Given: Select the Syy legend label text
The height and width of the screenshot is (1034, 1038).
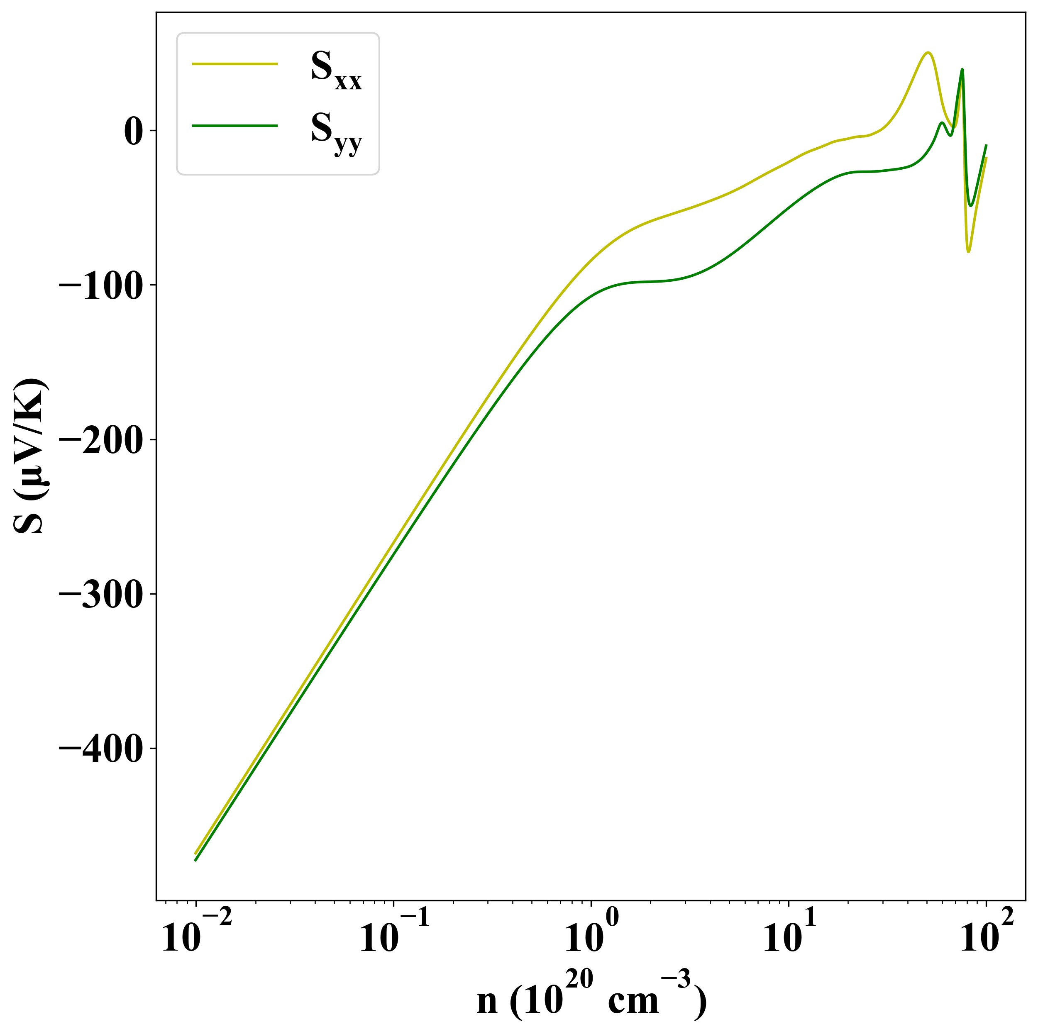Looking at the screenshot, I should [336, 133].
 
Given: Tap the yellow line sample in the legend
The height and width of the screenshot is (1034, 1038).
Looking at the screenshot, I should [235, 64].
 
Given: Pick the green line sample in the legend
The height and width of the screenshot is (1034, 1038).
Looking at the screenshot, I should [235, 126].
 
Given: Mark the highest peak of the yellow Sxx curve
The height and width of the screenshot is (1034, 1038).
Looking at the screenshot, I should [927, 53].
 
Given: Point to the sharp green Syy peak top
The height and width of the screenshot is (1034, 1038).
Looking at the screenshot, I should [962, 69].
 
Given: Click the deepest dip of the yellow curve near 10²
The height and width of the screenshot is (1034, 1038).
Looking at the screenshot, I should [969, 251].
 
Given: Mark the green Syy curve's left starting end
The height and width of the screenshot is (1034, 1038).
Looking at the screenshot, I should [195, 861].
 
